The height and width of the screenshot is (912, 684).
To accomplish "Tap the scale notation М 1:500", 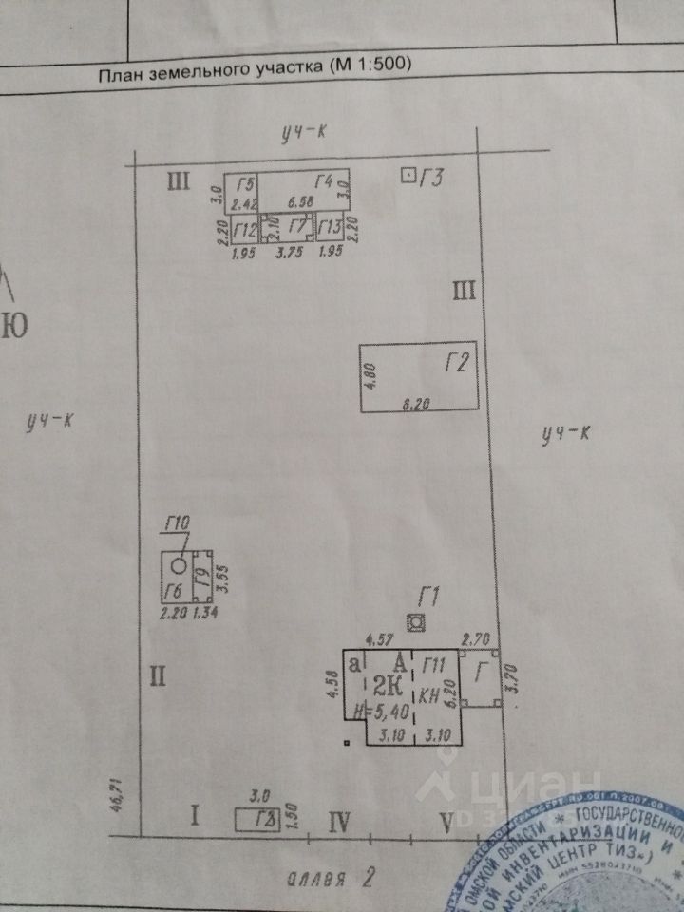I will [x=369, y=66].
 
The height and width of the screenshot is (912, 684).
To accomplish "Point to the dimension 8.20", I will [x=416, y=404].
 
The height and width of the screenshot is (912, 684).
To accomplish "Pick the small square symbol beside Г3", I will [x=408, y=176].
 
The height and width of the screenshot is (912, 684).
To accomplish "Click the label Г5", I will [x=247, y=183].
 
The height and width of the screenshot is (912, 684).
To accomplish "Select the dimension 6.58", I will [x=301, y=202].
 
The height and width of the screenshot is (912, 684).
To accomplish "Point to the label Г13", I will [x=330, y=228].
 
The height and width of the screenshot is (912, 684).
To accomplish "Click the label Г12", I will [x=245, y=229].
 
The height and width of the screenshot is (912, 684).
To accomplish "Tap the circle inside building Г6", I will [x=178, y=564].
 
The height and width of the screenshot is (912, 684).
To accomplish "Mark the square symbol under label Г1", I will [x=414, y=622].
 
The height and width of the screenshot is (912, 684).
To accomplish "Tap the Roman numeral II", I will [x=158, y=675].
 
